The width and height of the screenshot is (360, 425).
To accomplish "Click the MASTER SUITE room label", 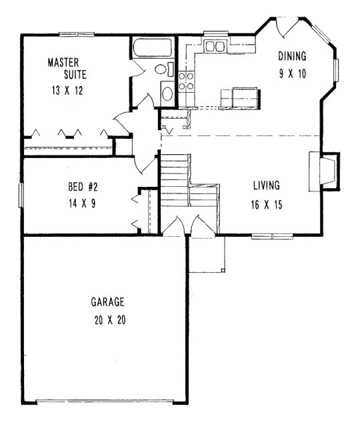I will [64, 68].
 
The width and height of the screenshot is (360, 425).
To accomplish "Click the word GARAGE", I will [108, 302].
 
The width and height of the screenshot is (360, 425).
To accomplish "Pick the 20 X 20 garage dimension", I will [108, 320].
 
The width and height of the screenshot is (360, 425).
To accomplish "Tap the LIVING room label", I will [267, 185].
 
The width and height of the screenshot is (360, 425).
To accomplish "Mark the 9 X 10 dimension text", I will [293, 74].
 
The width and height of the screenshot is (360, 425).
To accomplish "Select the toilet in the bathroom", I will [162, 71].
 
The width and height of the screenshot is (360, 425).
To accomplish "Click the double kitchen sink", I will [215, 46].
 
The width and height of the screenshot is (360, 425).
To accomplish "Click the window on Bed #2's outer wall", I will [21, 195].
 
